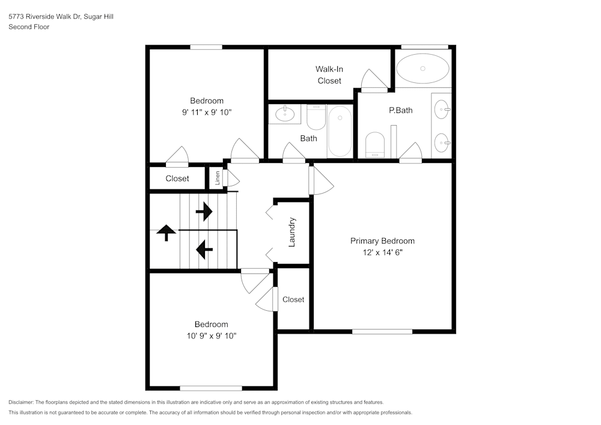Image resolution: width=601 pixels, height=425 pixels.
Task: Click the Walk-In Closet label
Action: [329, 75]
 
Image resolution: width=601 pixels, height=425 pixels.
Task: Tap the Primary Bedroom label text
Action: [382, 241]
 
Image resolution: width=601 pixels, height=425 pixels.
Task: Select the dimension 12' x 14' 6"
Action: [382, 252]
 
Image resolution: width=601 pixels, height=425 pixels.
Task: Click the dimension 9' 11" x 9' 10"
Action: [207, 112]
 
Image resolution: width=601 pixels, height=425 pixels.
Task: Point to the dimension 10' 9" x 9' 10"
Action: [211, 335]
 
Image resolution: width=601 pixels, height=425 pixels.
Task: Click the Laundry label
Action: [292, 232]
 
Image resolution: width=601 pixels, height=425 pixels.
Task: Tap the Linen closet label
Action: [217, 178]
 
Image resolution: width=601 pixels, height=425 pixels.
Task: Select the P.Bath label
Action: [400, 110]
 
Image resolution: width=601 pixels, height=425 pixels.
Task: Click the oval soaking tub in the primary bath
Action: [423, 69]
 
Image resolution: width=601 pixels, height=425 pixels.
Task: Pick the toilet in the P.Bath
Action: [375, 145]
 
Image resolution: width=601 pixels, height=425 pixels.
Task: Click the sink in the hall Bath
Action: [283, 114]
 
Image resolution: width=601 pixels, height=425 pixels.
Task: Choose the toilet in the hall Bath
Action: [316, 117]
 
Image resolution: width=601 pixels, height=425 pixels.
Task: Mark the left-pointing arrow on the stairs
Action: [204, 247]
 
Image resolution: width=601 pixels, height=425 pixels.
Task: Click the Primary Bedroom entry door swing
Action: [321, 182]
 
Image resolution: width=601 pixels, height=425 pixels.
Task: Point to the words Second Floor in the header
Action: [29, 27]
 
